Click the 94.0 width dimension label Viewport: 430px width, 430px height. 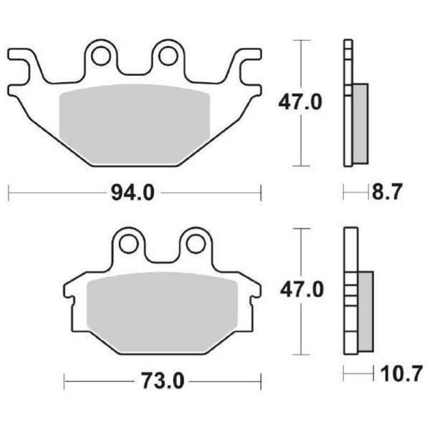tap(132, 192)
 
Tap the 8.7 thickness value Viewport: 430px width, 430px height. tap(386, 192)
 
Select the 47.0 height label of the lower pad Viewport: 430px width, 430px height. tap(301, 290)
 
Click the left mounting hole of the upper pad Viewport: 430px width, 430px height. tap(101, 55)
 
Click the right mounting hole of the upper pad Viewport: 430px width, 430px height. tap(168, 55)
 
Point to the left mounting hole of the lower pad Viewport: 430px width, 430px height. tap(128, 243)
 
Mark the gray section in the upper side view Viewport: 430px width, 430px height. tap(361, 124)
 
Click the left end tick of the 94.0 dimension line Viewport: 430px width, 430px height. tap(9, 192)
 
